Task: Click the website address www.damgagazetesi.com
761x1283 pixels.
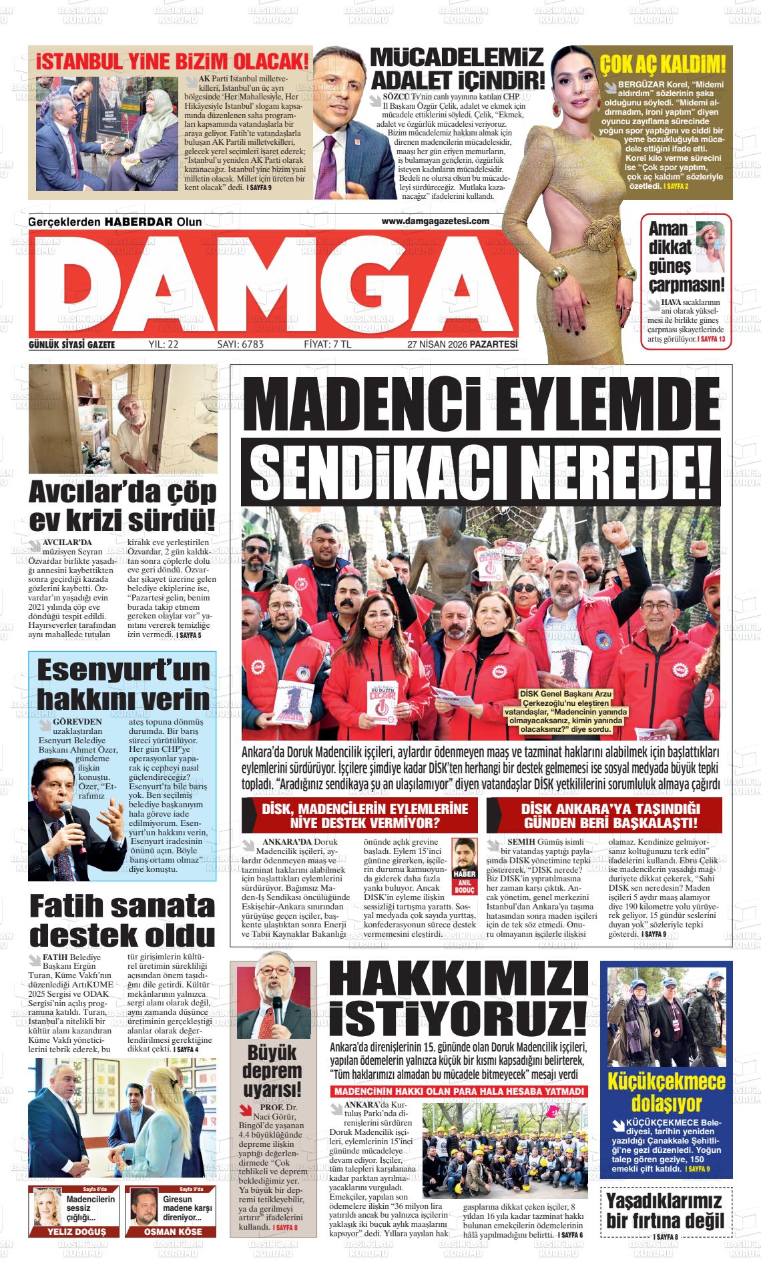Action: (x=435, y=221)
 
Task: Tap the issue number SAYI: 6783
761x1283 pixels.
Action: (x=241, y=344)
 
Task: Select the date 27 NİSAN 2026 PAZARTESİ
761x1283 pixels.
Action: (x=463, y=344)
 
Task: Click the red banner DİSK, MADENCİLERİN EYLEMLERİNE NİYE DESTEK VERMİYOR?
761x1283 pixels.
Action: (x=359, y=815)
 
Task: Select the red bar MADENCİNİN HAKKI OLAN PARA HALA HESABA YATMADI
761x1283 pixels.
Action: (x=459, y=1091)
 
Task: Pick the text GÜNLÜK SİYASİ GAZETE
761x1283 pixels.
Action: (x=72, y=344)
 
